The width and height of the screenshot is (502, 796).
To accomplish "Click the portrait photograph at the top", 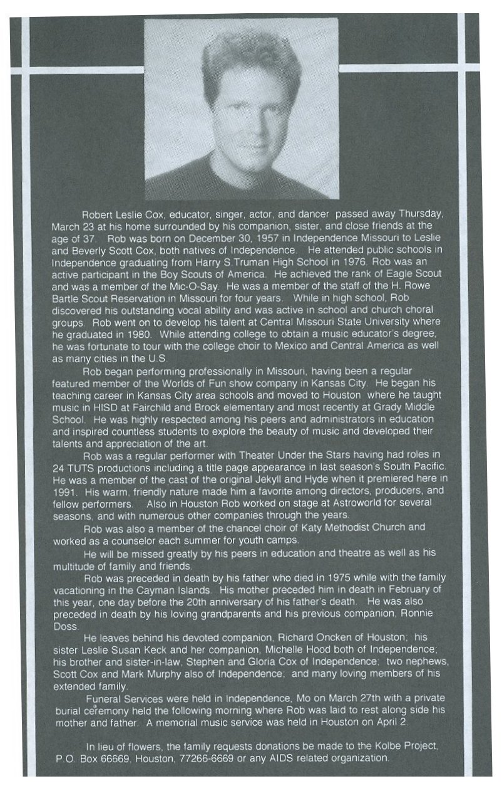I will (x=242, y=108).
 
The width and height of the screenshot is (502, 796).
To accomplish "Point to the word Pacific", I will (x=427, y=467).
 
